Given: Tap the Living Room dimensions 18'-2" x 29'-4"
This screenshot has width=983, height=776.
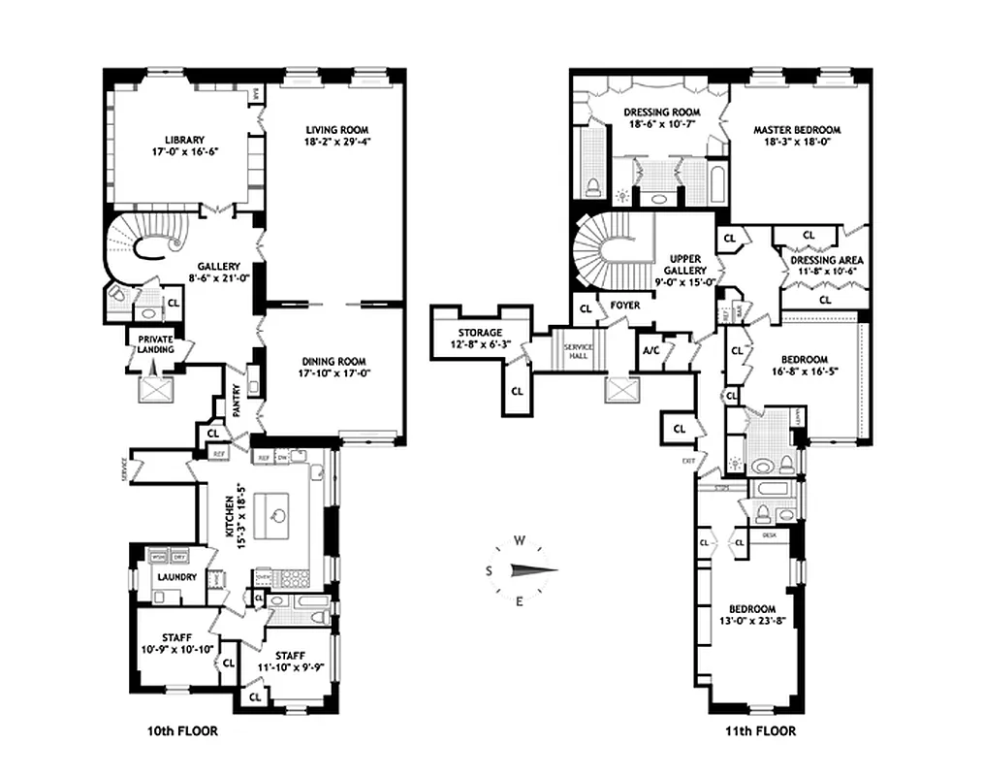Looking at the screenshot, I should pos(337,142).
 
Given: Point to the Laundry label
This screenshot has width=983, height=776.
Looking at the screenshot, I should pos(176,577).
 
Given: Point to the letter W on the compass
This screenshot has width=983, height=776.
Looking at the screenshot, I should pos(520,541).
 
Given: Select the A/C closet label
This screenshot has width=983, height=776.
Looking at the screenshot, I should pos(650,351).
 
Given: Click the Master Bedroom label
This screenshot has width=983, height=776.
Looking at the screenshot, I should pos(796,129).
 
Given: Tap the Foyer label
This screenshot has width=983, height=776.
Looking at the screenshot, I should pos(625,305).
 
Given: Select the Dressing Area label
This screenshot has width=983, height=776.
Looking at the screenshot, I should pos(826,260).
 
